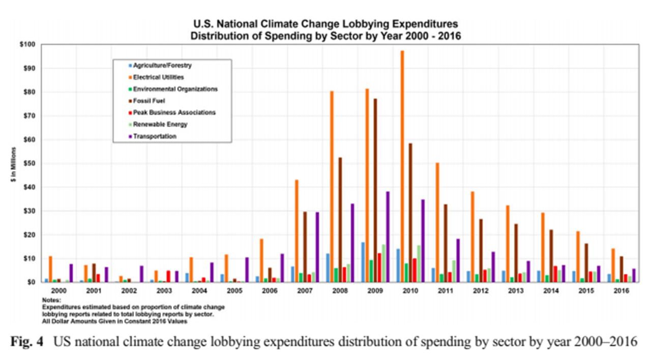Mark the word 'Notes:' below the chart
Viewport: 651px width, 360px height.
(x=52, y=301)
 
